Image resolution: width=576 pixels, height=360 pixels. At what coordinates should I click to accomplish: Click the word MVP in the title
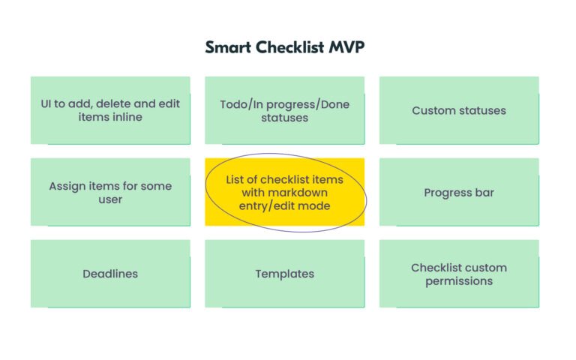click(x=346, y=47)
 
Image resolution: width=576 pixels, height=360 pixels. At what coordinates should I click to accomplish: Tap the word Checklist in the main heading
click(x=292, y=47)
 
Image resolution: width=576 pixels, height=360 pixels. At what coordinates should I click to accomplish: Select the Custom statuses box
click(x=459, y=110)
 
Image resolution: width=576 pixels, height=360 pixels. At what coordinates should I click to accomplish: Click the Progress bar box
click(x=459, y=193)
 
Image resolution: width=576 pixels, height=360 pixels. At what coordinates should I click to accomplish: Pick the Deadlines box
click(x=110, y=274)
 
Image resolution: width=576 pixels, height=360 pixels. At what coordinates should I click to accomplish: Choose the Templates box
click(x=284, y=274)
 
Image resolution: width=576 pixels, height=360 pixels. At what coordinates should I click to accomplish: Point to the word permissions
click(x=459, y=281)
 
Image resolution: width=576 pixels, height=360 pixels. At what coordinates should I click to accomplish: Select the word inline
click(x=125, y=118)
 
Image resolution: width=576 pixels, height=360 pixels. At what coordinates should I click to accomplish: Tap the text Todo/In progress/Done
click(x=284, y=104)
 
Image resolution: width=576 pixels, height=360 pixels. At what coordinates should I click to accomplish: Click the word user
click(x=110, y=199)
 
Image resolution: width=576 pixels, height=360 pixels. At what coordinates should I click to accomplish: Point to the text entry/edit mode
click(x=284, y=205)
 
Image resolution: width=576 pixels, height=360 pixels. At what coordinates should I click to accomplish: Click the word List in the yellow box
click(x=236, y=179)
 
